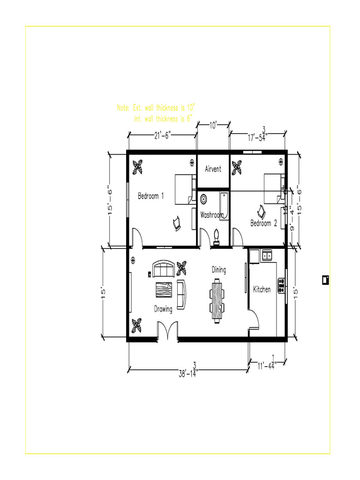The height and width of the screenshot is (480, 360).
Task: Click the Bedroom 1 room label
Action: pyautogui.click(x=150, y=196)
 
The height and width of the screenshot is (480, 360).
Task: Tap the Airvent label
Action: pyautogui.click(x=213, y=169)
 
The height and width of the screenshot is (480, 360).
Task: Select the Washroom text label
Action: pyautogui.click(x=212, y=215)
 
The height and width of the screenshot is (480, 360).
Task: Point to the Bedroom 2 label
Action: pyautogui.click(x=263, y=224)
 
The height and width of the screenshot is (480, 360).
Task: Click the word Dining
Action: pyautogui.click(x=218, y=270)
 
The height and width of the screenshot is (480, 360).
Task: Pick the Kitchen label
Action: pyautogui.click(x=262, y=290)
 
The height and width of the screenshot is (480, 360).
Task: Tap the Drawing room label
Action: pyautogui.click(x=163, y=309)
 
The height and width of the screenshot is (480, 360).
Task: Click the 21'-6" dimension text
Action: pyautogui.click(x=163, y=135)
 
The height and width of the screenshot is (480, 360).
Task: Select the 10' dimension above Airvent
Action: pyautogui.click(x=212, y=125)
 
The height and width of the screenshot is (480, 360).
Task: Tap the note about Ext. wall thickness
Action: pyautogui.click(x=156, y=108)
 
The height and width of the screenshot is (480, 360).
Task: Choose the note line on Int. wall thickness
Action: pyautogui.click(x=163, y=119)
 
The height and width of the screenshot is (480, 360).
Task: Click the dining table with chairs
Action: pyautogui.click(x=217, y=300)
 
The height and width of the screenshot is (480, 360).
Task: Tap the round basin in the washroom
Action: pyautogui.click(x=204, y=199)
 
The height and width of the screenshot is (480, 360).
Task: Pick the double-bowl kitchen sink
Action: pyautogui.click(x=267, y=255)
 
